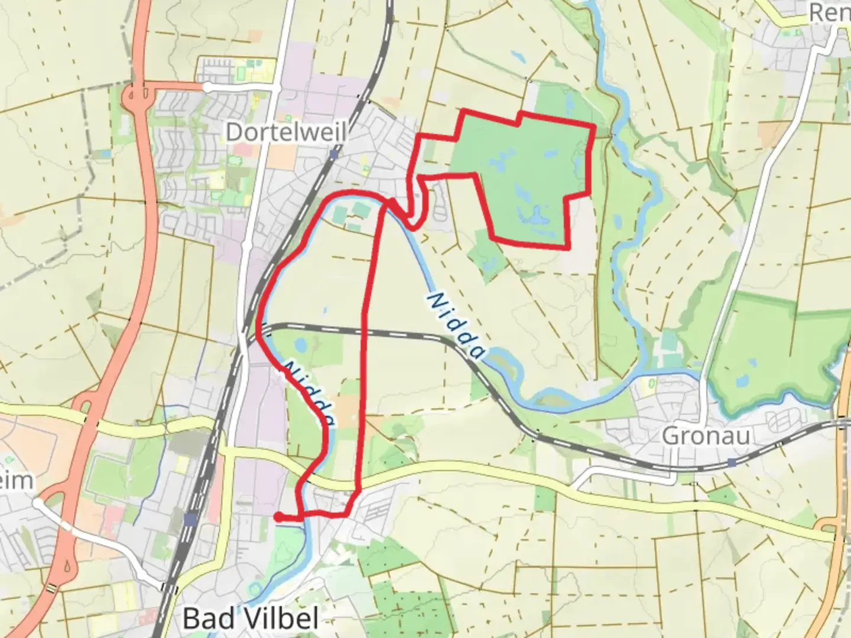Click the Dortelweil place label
286,132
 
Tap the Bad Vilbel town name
251,619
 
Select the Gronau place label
706,436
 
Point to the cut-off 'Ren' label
830,12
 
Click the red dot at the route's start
278,517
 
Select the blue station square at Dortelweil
334,155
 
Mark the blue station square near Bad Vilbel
190,520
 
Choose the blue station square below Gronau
733,463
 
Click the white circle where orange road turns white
207,87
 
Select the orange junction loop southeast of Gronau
827,526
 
